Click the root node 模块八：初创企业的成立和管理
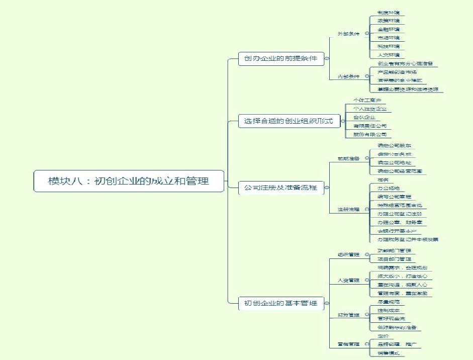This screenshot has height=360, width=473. [x=129, y=181]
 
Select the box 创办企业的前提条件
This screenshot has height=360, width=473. [x=281, y=58]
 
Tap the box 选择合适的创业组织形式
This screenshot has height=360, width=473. [x=289, y=121]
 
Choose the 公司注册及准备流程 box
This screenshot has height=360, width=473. [x=281, y=188]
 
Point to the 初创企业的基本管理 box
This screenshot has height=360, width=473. [x=281, y=303]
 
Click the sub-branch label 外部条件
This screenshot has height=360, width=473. [x=348, y=34]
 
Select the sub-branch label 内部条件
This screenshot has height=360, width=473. [x=348, y=76]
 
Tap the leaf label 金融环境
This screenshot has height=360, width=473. [x=389, y=30]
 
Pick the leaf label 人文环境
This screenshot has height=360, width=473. [x=389, y=55]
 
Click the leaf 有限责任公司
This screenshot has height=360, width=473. [x=369, y=126]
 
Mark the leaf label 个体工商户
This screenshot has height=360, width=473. [x=367, y=101]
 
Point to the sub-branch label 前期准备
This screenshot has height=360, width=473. [x=348, y=159]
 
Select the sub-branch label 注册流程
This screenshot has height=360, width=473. [x=348, y=209]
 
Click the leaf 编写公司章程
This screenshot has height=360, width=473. [x=394, y=197]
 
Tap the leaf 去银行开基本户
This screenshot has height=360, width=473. [x=397, y=231]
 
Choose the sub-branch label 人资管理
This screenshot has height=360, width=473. [x=348, y=281]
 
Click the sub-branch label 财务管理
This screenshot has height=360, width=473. [x=348, y=315]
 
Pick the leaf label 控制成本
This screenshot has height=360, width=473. [x=389, y=311]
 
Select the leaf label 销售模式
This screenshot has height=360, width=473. [x=389, y=353]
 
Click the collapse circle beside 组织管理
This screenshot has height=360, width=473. [x=367, y=255]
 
